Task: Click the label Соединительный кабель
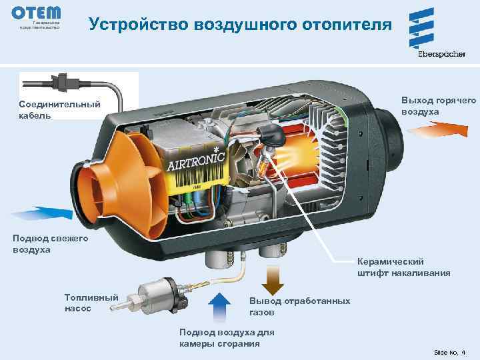tap(60, 109)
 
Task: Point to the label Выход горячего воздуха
tap(438, 105)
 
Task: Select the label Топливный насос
tap(91, 303)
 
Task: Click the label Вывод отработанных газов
tap(299, 306)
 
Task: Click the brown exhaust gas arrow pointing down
tap(271, 280)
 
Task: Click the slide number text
tap(451, 351)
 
